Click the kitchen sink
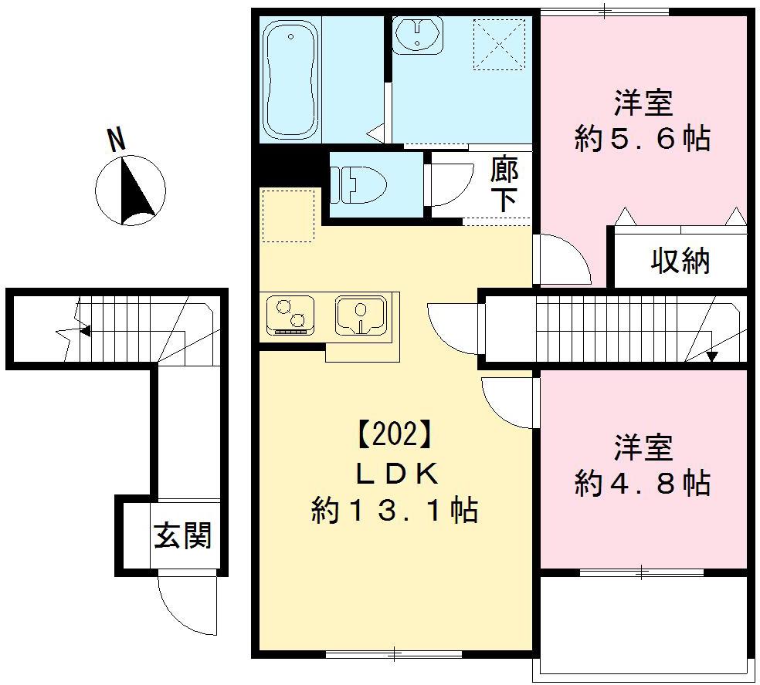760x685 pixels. tap(360, 316)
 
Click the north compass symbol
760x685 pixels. tap(130, 190)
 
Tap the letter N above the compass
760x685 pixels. tap(117, 139)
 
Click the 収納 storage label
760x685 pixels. tap(680, 262)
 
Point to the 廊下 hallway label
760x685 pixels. tap(504, 185)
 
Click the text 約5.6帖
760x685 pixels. tap(643, 139)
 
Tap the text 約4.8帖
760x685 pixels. tap(643, 484)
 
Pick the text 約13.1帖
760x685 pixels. tap(394, 510)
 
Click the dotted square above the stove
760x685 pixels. tap(287, 215)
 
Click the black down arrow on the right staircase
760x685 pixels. tap(711, 356)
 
